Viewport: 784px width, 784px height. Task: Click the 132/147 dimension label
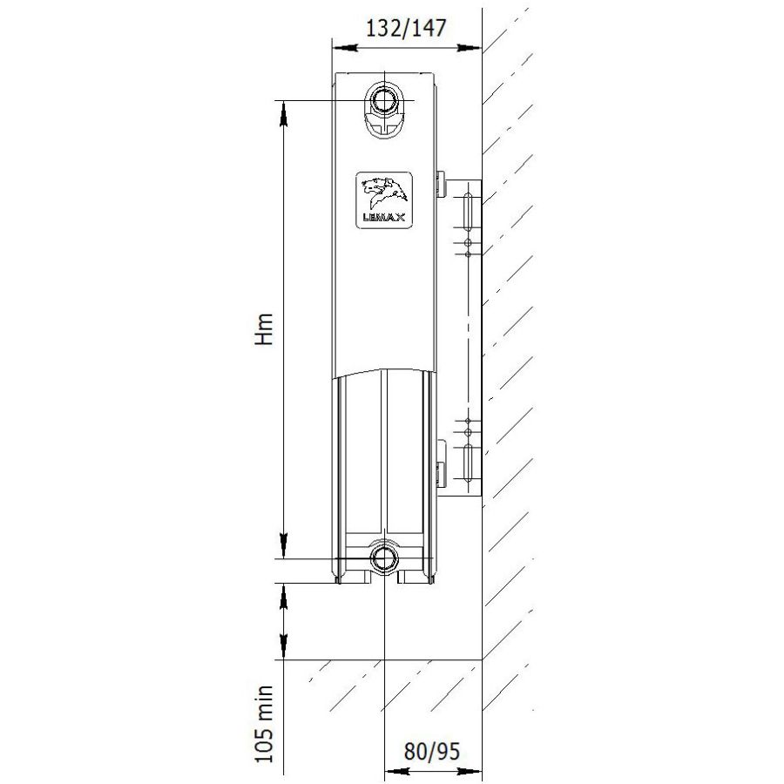[x=405, y=28]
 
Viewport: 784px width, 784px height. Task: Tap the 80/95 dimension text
[x=431, y=751]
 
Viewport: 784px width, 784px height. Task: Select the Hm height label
[x=264, y=329]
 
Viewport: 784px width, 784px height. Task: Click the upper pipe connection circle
[x=384, y=99]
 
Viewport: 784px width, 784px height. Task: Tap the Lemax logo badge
[x=384, y=200]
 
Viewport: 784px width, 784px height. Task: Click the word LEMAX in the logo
[x=384, y=218]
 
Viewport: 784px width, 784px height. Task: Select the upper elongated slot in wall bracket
[x=468, y=212]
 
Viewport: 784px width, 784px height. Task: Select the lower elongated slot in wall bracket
[x=468, y=461]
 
